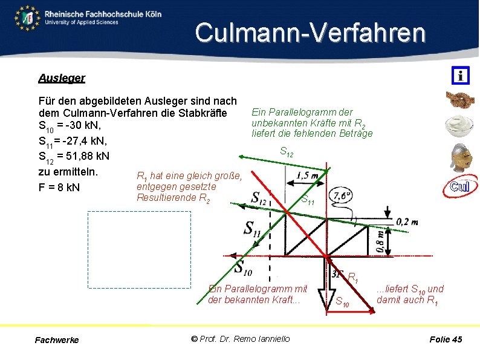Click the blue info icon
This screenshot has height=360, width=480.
[x=460, y=76]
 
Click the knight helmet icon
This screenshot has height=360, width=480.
[x=460, y=157]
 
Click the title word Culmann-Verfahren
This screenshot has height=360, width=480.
[x=310, y=33]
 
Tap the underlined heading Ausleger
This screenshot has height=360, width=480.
[x=61, y=78]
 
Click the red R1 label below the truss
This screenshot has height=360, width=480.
[x=353, y=277]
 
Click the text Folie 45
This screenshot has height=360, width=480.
[x=446, y=339]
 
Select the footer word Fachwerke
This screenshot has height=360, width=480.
[x=57, y=340]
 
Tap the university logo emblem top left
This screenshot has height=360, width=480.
[x=27, y=18]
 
